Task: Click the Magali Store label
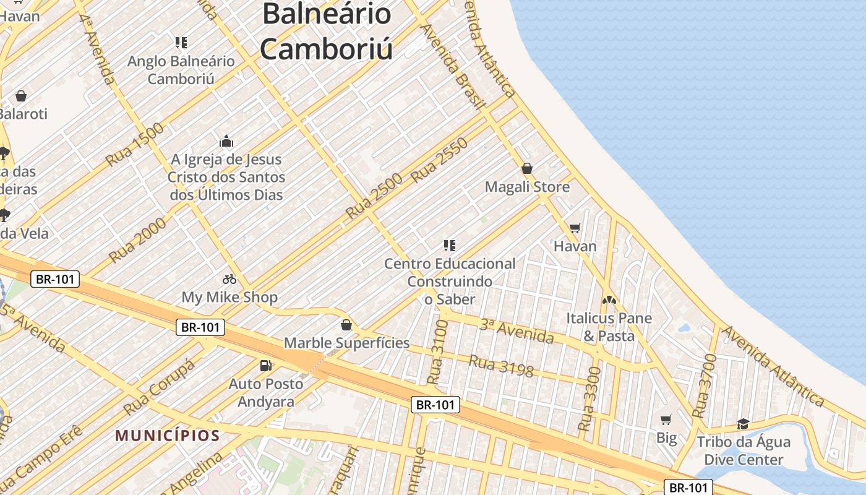tap(527, 187)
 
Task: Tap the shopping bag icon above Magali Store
tap(527, 168)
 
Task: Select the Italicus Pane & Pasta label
tap(609, 327)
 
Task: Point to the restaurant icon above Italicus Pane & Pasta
tap(609, 300)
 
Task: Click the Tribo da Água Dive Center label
tap(744, 450)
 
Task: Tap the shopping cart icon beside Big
tap(666, 420)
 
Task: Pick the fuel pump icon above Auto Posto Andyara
tap(266, 366)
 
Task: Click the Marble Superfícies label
tap(346, 343)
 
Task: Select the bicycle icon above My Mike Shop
tap(229, 279)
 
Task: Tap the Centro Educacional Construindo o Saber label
tap(450, 281)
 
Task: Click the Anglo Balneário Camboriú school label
tap(181, 70)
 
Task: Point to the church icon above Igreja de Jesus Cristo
tap(226, 141)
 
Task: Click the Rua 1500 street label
tap(135, 144)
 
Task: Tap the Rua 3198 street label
tap(501, 366)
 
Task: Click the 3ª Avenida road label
tap(517, 331)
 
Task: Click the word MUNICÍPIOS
tap(168, 436)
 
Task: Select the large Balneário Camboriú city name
tap(327, 31)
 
